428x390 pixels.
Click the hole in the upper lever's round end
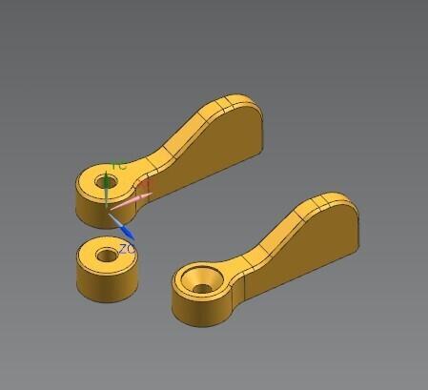101,179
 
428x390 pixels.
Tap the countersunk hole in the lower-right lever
201,280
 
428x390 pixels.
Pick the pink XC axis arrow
133,197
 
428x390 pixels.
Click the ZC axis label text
126,248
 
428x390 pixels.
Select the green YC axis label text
119,166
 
